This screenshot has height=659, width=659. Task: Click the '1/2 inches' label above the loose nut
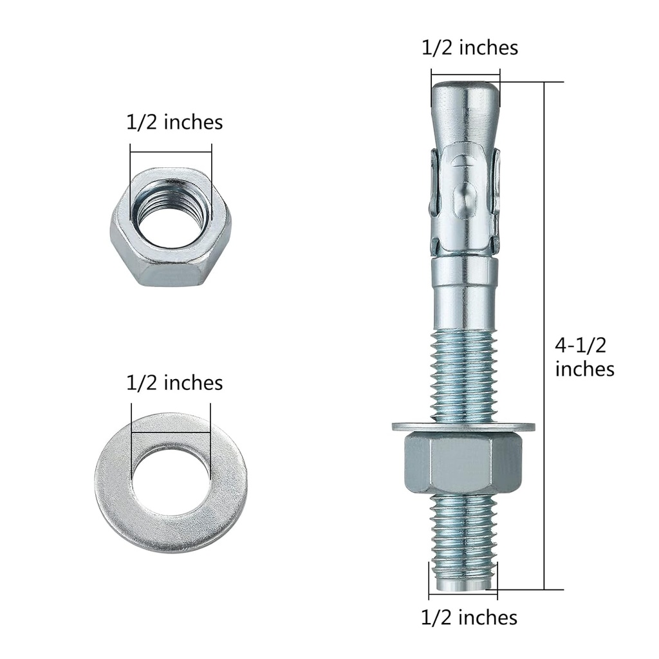pos(174,122)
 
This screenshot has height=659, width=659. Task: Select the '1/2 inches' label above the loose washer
pos(174,383)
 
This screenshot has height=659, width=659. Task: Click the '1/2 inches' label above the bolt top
pos(470,48)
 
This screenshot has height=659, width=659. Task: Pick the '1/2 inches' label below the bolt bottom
pos(469,618)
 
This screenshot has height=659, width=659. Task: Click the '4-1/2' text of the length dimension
pos(580,346)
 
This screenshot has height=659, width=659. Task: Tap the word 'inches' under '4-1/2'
pos(584,369)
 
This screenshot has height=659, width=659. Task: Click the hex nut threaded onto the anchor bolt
pos(463,463)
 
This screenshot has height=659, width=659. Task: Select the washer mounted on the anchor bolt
pos(463,426)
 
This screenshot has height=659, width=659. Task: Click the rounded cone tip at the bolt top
pos(465,103)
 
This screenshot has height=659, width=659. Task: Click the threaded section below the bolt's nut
pos(463,534)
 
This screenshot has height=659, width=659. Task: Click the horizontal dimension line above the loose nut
pos(171,153)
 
